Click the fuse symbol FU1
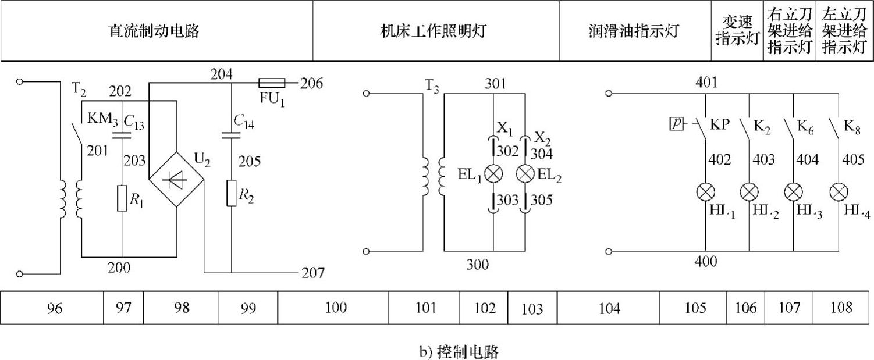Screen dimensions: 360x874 [271, 83]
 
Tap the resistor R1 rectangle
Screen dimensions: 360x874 [122, 198]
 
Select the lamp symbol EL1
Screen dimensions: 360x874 [493, 174]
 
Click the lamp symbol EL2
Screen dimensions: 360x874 [525, 174]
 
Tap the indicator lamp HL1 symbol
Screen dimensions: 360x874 [705, 191]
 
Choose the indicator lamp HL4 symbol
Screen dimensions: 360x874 [838, 191]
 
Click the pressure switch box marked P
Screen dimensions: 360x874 [676, 124]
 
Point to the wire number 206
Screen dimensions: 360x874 [311, 83]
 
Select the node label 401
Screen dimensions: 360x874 [706, 83]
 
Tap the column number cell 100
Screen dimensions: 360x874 [336, 308]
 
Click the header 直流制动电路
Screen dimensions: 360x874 [154, 31]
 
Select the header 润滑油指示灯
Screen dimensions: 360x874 [634, 31]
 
